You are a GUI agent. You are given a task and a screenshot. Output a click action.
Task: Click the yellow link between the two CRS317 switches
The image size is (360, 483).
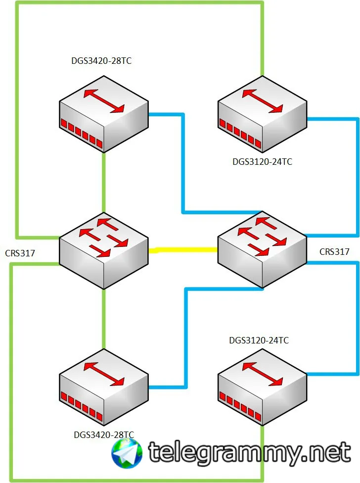point(183,250)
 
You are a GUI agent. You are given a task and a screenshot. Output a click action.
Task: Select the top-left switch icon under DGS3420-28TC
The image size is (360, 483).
point(104,114)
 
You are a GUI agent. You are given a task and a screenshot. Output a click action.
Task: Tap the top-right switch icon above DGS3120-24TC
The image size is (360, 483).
point(262,114)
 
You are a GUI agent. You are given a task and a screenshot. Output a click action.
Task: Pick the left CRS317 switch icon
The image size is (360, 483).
point(104,250)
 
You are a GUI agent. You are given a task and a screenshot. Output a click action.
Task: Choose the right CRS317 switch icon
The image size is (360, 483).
point(262,250)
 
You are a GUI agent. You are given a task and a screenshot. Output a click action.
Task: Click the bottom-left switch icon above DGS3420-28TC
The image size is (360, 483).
point(104,387)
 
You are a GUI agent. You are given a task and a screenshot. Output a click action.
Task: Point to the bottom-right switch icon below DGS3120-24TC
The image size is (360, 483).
point(262,387)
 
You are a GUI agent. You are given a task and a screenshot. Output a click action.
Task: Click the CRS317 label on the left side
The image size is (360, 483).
point(20,253)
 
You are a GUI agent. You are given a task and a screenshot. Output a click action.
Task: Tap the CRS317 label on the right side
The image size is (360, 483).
point(334,252)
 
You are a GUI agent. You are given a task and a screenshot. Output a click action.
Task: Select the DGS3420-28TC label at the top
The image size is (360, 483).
point(101,61)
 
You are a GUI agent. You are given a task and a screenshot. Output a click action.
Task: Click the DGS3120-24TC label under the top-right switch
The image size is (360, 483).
point(262,162)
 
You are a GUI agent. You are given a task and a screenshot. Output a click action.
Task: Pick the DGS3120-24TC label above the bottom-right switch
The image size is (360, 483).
point(259,340)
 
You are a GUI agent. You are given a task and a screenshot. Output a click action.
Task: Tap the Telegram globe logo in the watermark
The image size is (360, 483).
point(127,453)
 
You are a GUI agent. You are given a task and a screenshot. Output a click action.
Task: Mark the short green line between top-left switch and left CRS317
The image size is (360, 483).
point(104,182)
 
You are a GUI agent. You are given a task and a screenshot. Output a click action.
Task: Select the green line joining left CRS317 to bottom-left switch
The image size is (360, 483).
point(104,319)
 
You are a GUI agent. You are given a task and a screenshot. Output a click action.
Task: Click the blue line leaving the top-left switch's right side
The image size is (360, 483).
point(183,163)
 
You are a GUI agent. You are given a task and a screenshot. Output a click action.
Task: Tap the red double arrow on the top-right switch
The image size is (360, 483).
point(262,101)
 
